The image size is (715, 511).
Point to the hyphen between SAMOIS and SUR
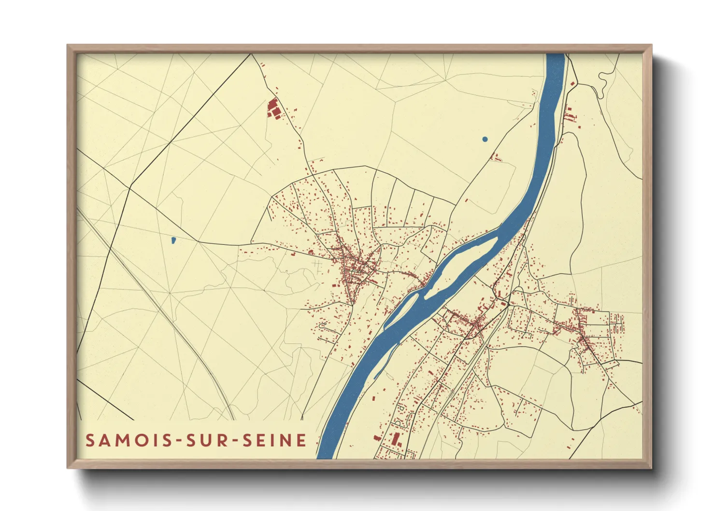pyautogui.click(x=182, y=440)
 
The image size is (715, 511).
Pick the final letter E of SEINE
pyautogui.click(x=302, y=440)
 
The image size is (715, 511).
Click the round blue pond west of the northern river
pyautogui.click(x=485, y=139)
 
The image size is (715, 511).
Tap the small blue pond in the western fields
pyautogui.click(x=173, y=240)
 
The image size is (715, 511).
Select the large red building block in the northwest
pyautogui.click(x=273, y=108)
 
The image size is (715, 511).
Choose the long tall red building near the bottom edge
pyautogui.click(x=397, y=439)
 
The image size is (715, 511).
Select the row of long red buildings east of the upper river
pyautogui.click(x=570, y=116)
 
